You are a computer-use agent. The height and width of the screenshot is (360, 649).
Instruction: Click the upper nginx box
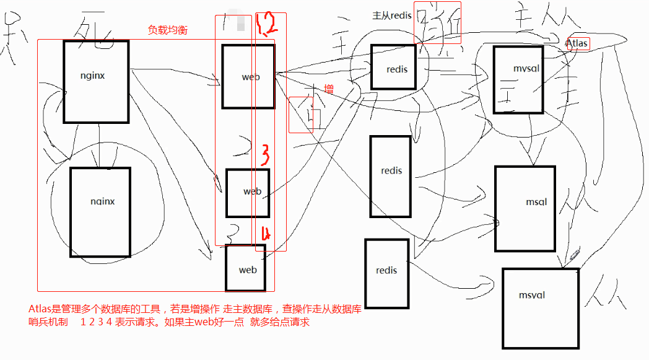pyautogui.click(x=96, y=81)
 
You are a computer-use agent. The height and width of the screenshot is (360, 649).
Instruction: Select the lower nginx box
pyautogui.click(x=100, y=211)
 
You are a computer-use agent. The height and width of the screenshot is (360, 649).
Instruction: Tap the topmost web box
pyautogui.click(x=248, y=76)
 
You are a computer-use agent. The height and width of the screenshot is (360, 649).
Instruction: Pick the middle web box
pyautogui.click(x=248, y=193)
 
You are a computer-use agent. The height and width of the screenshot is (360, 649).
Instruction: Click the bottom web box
pyautogui.click(x=245, y=268)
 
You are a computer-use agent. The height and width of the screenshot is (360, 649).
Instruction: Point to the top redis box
pyautogui.click(x=393, y=67)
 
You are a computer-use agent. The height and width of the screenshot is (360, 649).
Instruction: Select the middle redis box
pyautogui.click(x=391, y=176)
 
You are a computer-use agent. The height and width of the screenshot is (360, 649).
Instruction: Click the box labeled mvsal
pyautogui.click(x=518, y=79)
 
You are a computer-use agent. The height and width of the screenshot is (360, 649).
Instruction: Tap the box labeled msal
pyautogui.click(x=523, y=209)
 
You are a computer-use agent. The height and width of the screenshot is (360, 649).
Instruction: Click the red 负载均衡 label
pyautogui.click(x=168, y=29)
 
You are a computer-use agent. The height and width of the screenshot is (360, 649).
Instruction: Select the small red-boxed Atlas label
pyautogui.click(x=578, y=44)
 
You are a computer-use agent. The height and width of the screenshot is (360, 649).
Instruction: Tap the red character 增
pyautogui.click(x=329, y=90)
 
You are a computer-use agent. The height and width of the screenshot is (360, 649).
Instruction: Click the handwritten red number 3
pyautogui.click(x=264, y=154)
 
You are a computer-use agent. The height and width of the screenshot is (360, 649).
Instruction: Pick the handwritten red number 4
pyautogui.click(x=266, y=234)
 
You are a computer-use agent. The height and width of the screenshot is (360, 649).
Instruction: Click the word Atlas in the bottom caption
pyautogui.click(x=40, y=309)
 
